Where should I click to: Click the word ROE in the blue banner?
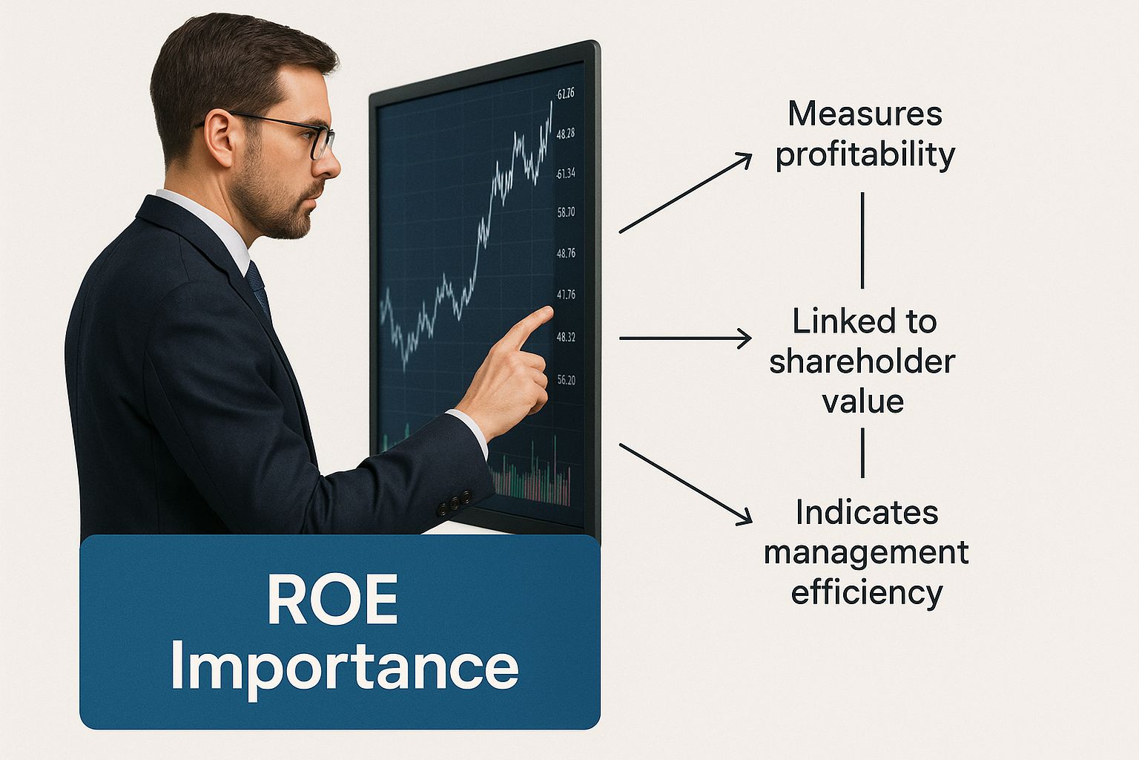pyautogui.click(x=332, y=600)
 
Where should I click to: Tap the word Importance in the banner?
pyautogui.click(x=344, y=666)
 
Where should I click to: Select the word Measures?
pyautogui.click(x=865, y=114)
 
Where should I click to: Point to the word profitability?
pyautogui.click(x=865, y=155)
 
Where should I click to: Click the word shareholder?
pyautogui.click(x=862, y=362)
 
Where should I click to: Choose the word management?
pyautogui.click(x=866, y=552)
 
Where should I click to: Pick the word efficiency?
pyautogui.click(x=866, y=593)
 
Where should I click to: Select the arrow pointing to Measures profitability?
pyautogui.click(x=685, y=193)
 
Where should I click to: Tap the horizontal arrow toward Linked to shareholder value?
pyautogui.click(x=685, y=338)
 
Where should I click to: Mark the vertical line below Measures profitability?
pyautogui.click(x=862, y=240)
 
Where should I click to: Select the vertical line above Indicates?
pyautogui.click(x=862, y=453)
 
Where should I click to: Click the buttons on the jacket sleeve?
pyautogui.click(x=454, y=503)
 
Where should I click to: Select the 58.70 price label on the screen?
pyautogui.click(x=566, y=212)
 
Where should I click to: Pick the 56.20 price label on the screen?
pyautogui.click(x=566, y=380)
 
